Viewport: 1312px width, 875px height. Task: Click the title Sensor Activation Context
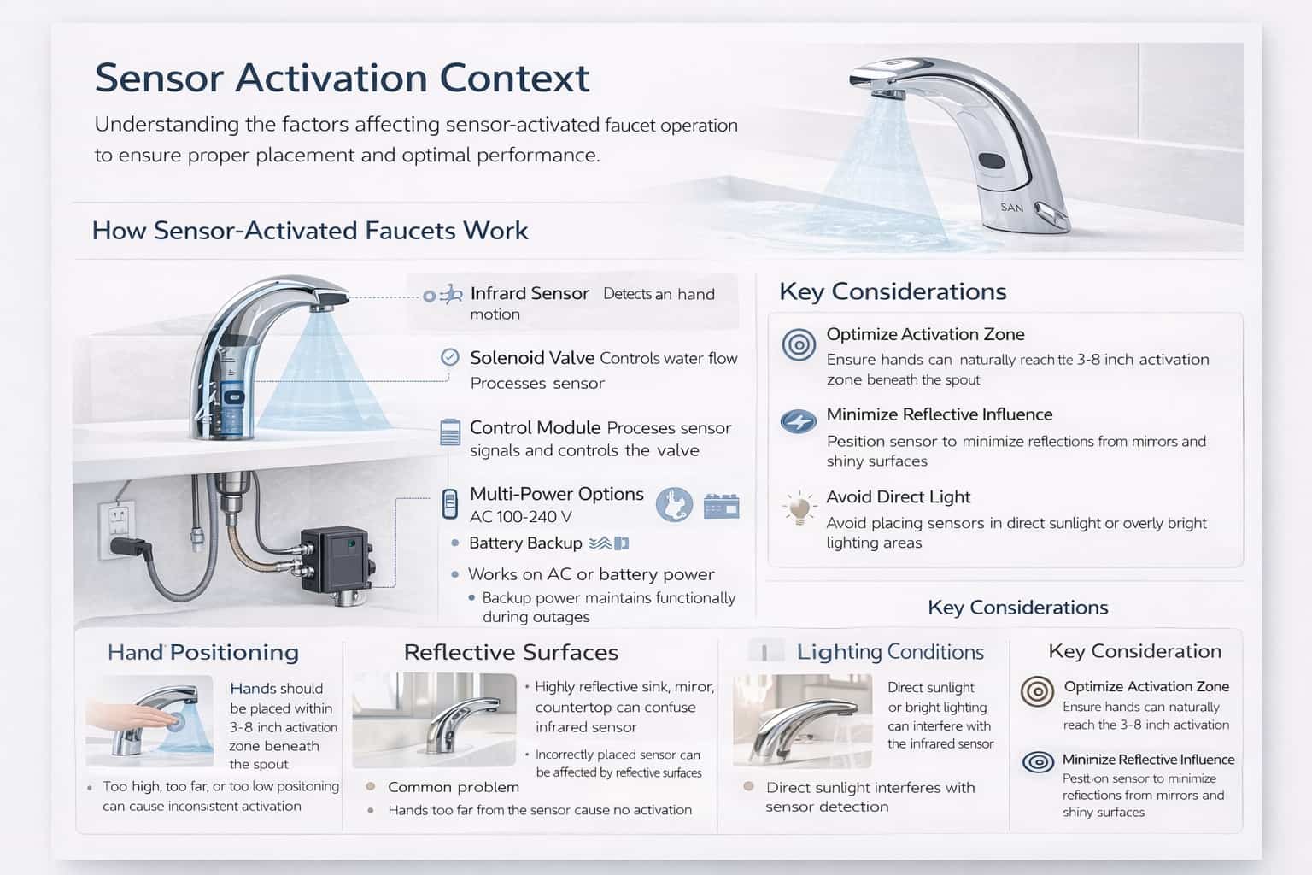coord(342,78)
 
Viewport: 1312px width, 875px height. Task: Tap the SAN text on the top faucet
coord(1011,208)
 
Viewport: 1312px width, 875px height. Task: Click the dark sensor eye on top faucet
coord(991,161)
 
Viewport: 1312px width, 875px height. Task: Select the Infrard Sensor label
coord(530,293)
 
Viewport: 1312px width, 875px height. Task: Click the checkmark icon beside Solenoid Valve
coord(449,357)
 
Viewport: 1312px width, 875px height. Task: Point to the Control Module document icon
coord(449,432)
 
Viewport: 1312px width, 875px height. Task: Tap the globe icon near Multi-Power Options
coord(674,505)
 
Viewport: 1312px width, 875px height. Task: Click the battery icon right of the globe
coord(721,506)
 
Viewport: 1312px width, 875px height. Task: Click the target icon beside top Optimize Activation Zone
coord(799,344)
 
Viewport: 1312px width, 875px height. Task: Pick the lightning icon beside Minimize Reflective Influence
coord(799,421)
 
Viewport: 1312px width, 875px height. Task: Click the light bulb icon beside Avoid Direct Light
coord(799,508)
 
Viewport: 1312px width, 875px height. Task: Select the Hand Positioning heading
coord(203,652)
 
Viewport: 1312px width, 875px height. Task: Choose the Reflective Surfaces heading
coord(511,652)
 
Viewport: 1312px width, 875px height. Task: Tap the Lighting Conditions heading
coord(890,652)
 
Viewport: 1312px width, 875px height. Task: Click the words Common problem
coord(454,787)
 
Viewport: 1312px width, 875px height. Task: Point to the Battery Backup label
coord(525,543)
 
